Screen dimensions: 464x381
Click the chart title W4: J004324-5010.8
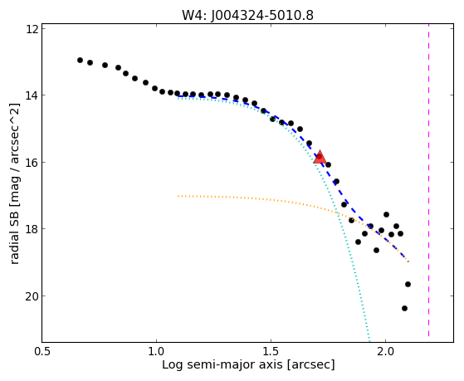247,15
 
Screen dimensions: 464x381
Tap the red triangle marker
320,157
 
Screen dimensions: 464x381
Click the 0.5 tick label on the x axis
42,351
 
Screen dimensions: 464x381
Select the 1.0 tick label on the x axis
156,351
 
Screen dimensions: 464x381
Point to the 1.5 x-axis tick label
271,351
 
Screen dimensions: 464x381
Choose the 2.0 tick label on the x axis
385,351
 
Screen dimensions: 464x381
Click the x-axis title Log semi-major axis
222,364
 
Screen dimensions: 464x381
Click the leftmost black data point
80,60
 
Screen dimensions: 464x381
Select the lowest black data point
404,309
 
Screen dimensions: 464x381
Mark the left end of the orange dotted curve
178,196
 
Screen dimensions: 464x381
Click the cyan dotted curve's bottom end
369,341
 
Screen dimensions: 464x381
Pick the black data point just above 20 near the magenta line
408,284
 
